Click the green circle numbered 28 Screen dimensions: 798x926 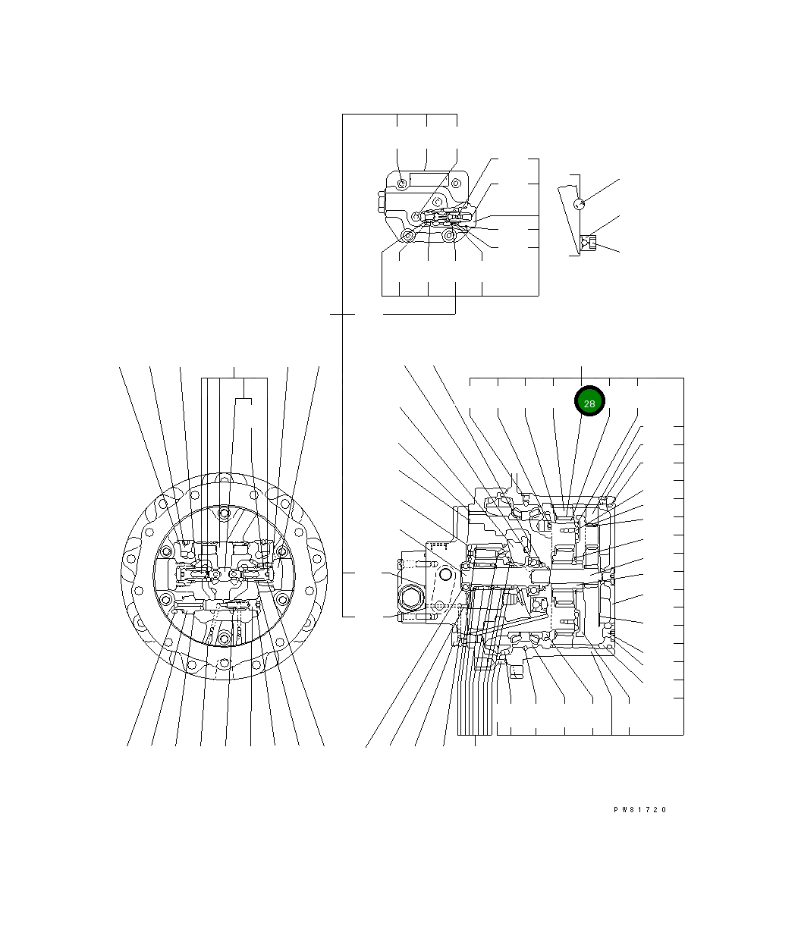589,400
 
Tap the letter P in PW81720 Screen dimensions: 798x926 616,809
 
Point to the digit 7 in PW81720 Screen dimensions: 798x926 648,809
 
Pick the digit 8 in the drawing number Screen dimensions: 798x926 632,809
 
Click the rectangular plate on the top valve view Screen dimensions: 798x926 429,179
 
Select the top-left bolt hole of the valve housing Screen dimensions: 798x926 402,184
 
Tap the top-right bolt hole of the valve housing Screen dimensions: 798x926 456,183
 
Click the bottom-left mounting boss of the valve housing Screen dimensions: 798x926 407,236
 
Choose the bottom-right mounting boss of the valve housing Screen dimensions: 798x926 448,235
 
